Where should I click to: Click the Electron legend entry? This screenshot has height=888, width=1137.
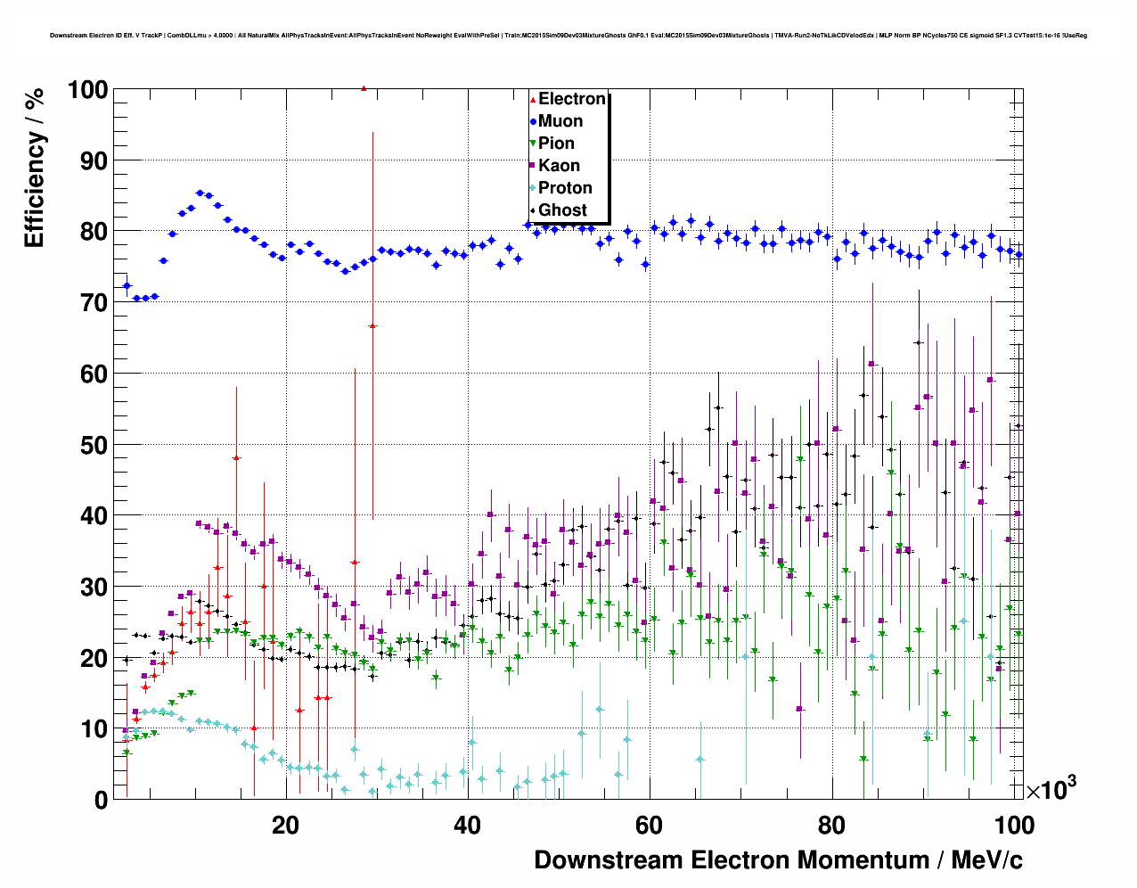571,99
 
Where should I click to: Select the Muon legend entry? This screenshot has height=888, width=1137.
560,121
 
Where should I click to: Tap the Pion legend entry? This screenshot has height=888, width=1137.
556,144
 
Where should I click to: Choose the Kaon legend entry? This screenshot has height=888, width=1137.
559,166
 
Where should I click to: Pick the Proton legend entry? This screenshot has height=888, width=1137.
565,188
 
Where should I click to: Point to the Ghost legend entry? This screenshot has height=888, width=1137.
562,210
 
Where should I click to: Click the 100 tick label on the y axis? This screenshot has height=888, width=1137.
87,90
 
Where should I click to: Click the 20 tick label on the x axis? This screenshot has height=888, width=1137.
285,826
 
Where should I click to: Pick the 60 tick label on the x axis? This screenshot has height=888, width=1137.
650,826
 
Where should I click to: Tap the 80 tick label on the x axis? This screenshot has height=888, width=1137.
831,826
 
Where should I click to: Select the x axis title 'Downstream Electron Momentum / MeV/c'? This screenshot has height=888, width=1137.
778,860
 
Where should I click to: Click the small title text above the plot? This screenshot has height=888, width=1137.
568,36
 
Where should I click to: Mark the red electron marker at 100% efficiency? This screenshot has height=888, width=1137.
364,88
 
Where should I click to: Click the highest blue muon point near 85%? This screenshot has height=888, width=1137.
200,193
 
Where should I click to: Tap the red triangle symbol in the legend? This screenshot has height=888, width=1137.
533,100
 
